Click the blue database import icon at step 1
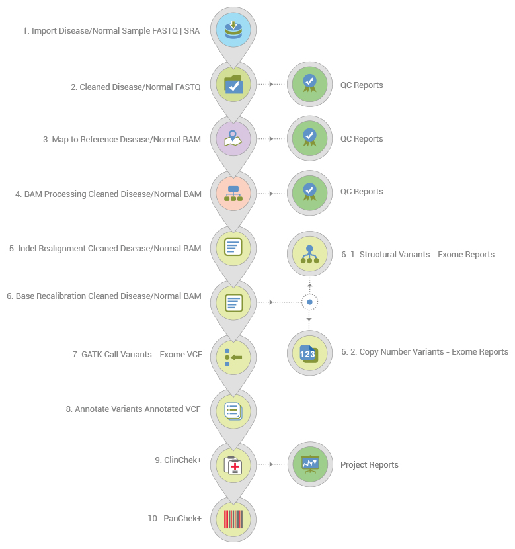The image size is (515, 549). (x=233, y=30)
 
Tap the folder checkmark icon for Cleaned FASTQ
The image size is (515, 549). (x=233, y=85)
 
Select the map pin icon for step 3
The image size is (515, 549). (x=233, y=139)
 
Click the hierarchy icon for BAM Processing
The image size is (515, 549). (x=233, y=193)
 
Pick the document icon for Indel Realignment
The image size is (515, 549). (x=233, y=248)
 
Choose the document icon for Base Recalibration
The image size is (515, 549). (x=233, y=302)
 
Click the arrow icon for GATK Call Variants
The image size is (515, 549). (x=233, y=357)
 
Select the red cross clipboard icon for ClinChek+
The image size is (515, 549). (x=233, y=465)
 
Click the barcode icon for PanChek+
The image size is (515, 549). (x=233, y=519)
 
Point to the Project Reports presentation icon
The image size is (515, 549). (x=309, y=464)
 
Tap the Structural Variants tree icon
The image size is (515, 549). (x=309, y=254)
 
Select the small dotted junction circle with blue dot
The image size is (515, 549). (x=309, y=302)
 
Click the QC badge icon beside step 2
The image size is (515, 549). (x=309, y=85)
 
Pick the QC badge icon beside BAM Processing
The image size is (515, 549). (x=309, y=192)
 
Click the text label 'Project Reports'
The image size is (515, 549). (x=369, y=465)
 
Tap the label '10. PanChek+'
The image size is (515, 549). (x=174, y=519)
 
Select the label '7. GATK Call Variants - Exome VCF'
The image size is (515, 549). (x=137, y=355)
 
